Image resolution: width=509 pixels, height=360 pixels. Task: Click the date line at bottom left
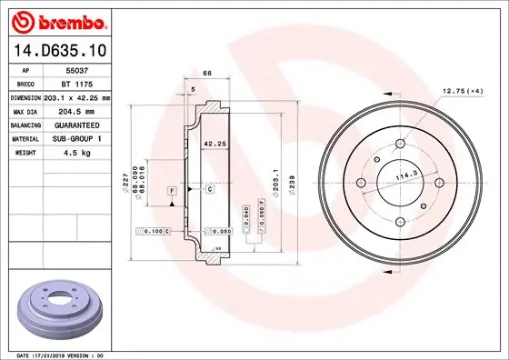[x=63, y=354]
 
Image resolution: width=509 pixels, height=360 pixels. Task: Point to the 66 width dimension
[x=206, y=72]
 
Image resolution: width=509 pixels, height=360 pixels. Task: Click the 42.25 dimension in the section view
[x=214, y=144]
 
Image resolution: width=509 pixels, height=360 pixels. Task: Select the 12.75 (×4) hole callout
[x=462, y=91]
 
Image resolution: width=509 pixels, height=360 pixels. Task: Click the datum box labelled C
[x=209, y=188]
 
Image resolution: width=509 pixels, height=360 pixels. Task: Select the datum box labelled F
[x=170, y=188]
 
